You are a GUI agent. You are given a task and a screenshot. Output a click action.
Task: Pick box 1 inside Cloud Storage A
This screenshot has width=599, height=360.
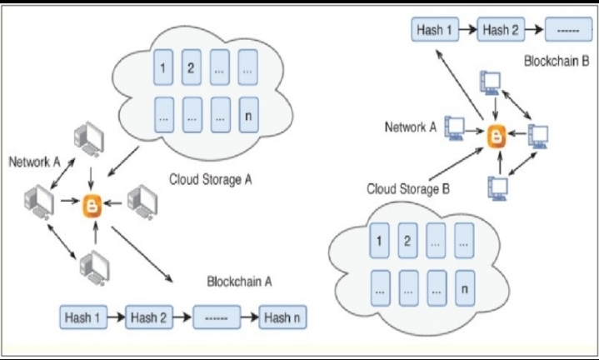click(x=164, y=68)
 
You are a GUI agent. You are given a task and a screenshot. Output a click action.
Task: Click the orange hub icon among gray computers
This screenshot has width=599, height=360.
click(x=93, y=202)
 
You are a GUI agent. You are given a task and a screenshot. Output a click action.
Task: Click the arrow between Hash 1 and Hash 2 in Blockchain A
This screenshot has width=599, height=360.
click(x=117, y=317)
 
